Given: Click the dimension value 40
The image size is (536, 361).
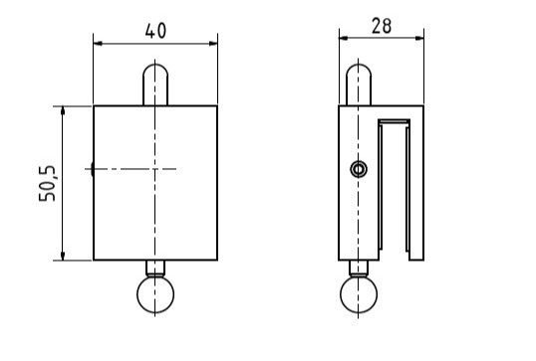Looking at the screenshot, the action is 155,31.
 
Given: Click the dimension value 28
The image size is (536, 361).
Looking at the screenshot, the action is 382,26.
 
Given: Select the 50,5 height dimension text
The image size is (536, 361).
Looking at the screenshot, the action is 47,184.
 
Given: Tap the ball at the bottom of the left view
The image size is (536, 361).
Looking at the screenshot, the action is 155,294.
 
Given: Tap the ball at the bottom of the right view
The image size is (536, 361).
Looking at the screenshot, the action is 359,294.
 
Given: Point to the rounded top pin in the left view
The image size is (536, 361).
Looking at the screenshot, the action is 155,85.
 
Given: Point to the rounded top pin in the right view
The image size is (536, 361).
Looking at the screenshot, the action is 359,85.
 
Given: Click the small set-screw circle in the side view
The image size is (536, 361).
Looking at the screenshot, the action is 359,169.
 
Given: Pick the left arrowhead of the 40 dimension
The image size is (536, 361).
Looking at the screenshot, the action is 98,44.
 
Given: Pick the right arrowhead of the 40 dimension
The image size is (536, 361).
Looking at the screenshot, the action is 213,44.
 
